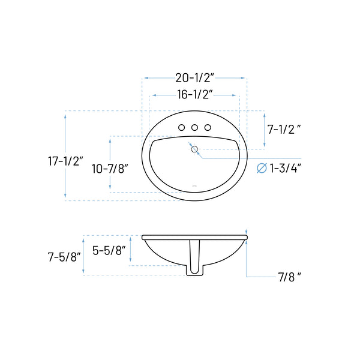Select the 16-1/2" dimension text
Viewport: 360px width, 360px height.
(x=196, y=94)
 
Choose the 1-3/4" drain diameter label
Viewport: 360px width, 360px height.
(x=284, y=168)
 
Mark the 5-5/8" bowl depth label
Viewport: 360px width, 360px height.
(x=110, y=251)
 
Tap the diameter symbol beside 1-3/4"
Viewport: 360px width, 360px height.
(x=262, y=168)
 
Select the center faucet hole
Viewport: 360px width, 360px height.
(x=194, y=127)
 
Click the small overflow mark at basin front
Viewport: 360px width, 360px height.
(x=194, y=185)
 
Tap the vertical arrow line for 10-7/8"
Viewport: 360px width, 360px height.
(x=110, y=150)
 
